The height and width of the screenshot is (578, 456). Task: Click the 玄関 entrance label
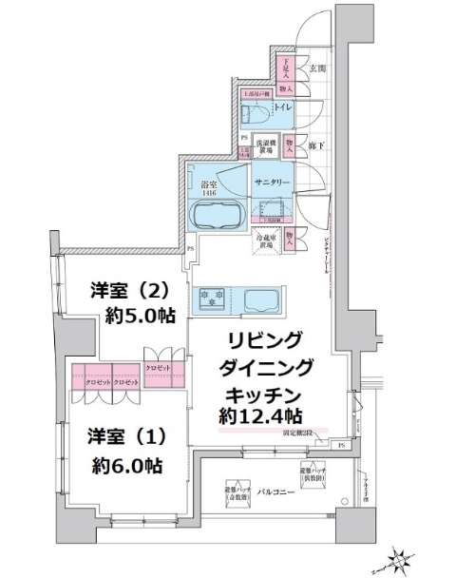(x=319, y=69)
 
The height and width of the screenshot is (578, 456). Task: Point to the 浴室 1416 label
(x=209, y=186)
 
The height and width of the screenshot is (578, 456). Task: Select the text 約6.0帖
(x=126, y=466)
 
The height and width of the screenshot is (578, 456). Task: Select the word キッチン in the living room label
(x=263, y=393)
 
